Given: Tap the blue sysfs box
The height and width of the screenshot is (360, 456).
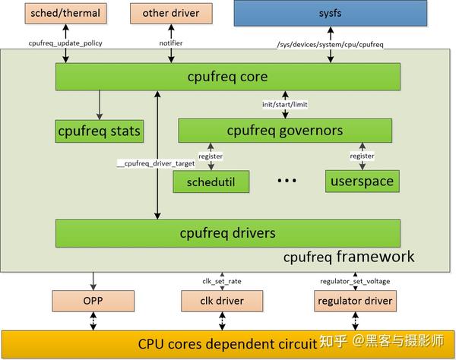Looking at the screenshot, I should (x=328, y=13).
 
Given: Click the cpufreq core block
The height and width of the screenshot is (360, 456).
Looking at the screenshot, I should (x=228, y=77).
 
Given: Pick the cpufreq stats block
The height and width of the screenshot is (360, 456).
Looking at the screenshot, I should (x=99, y=131).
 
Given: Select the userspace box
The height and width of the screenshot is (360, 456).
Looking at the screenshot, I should (x=362, y=182).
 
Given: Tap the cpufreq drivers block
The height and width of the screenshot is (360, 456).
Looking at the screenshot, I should (x=228, y=232).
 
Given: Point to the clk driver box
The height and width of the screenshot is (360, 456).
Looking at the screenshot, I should (x=222, y=302).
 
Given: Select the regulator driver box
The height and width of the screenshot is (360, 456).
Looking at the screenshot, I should (x=356, y=302).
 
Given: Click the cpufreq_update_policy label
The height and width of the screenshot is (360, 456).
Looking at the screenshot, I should (x=65, y=43).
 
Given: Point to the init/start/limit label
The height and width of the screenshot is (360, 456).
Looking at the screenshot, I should (x=285, y=103).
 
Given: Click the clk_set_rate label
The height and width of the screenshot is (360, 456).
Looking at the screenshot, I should (x=222, y=280).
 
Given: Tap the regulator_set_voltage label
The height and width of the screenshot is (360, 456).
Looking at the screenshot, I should (x=356, y=280).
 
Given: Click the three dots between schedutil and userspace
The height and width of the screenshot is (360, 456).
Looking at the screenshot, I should (x=287, y=181).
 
